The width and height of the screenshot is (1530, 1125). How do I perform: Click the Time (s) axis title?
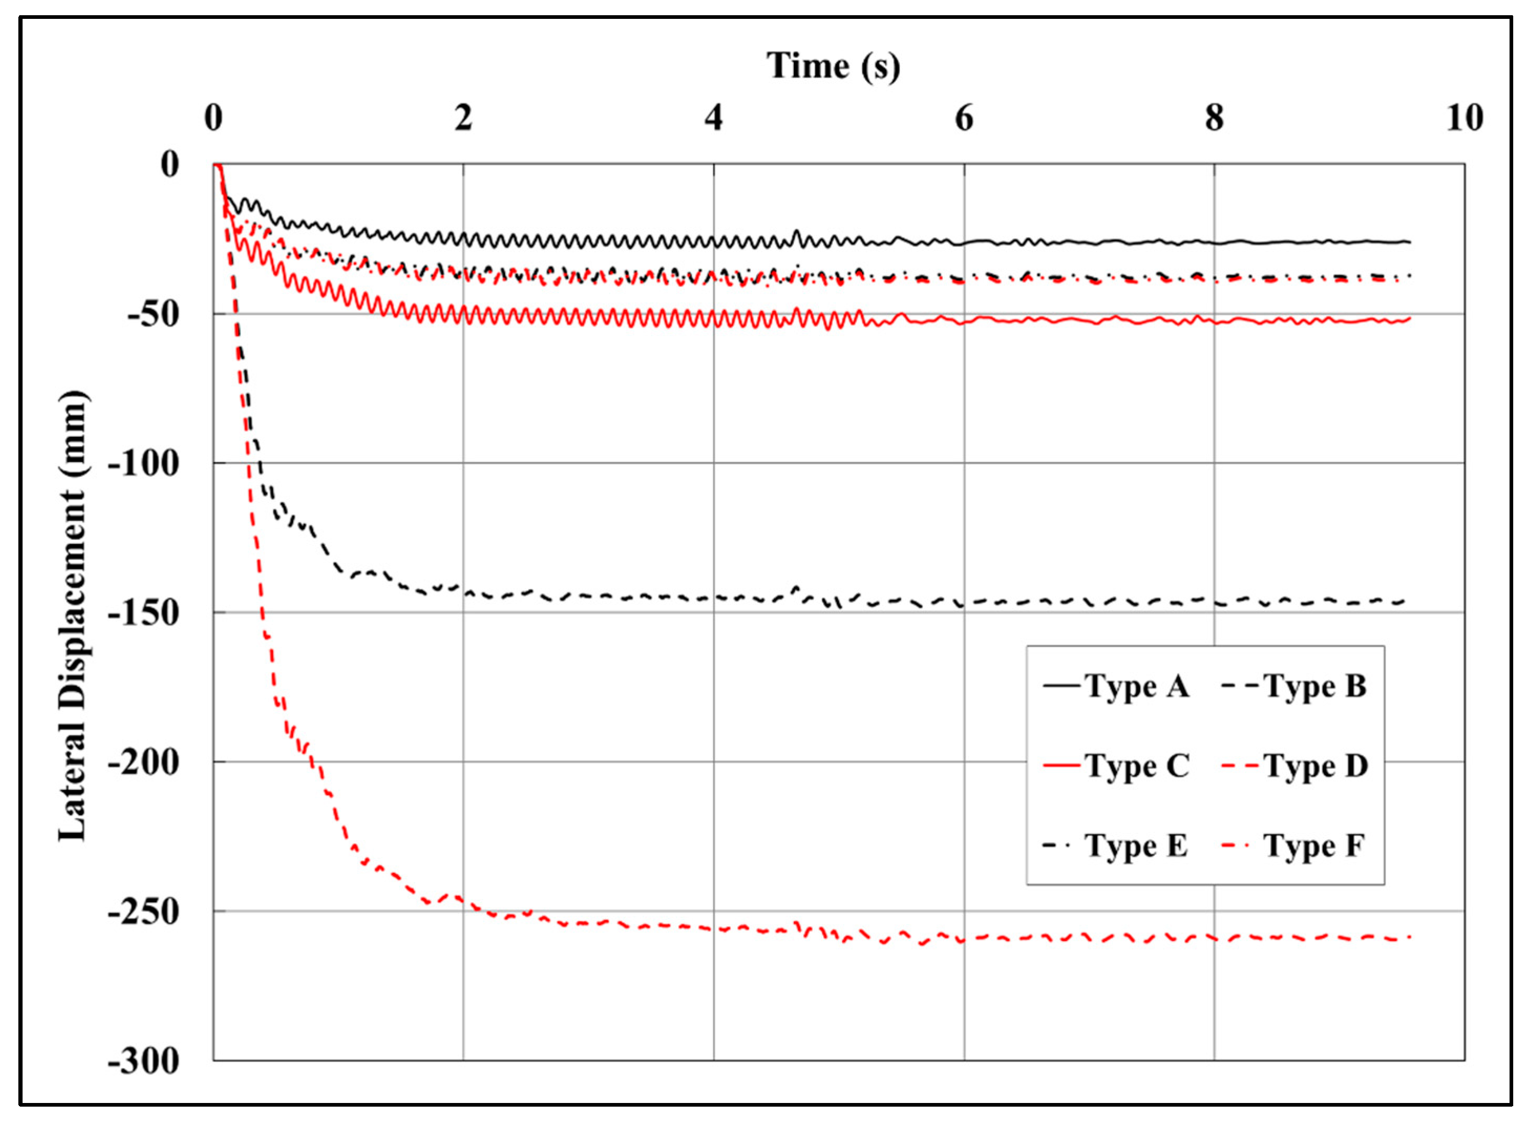point(833,67)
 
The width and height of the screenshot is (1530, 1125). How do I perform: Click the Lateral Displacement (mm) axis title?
point(72,616)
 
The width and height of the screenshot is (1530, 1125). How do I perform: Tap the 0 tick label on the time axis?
point(213,118)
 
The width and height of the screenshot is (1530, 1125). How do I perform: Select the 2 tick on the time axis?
point(463,118)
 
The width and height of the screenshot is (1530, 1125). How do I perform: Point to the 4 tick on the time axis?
point(713,118)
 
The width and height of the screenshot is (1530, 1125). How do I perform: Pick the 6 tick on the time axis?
point(963,118)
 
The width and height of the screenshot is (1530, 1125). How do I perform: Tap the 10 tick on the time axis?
point(1464,118)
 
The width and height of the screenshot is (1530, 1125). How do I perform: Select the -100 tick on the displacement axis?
point(143,464)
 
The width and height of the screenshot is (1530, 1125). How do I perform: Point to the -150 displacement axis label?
point(143,613)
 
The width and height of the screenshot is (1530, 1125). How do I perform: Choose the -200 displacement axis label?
point(143,762)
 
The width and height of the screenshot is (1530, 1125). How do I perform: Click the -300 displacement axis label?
point(143,1061)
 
